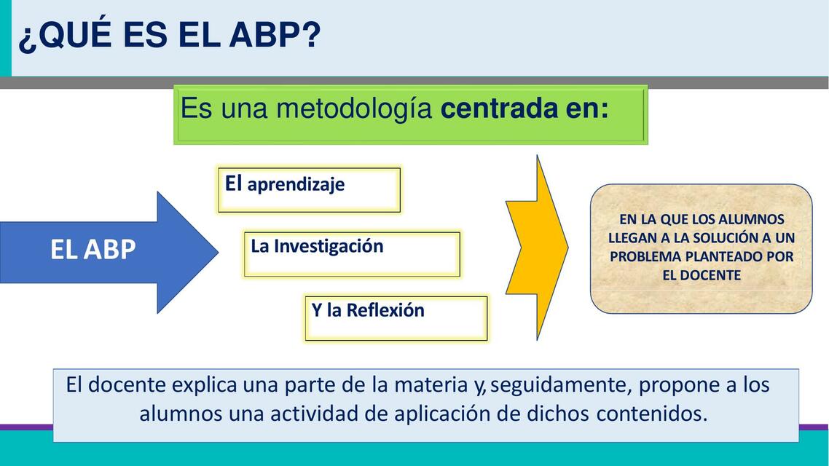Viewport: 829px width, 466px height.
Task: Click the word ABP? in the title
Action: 276,36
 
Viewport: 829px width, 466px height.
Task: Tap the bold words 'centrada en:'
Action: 524,109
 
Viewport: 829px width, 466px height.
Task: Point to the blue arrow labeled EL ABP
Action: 109,250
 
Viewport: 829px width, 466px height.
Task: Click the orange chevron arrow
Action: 538,248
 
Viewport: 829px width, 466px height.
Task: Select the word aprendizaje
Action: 296,185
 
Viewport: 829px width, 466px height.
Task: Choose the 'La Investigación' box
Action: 351,253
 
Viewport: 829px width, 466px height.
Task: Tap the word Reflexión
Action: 385,310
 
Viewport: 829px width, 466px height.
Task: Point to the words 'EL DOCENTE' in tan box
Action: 701,275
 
